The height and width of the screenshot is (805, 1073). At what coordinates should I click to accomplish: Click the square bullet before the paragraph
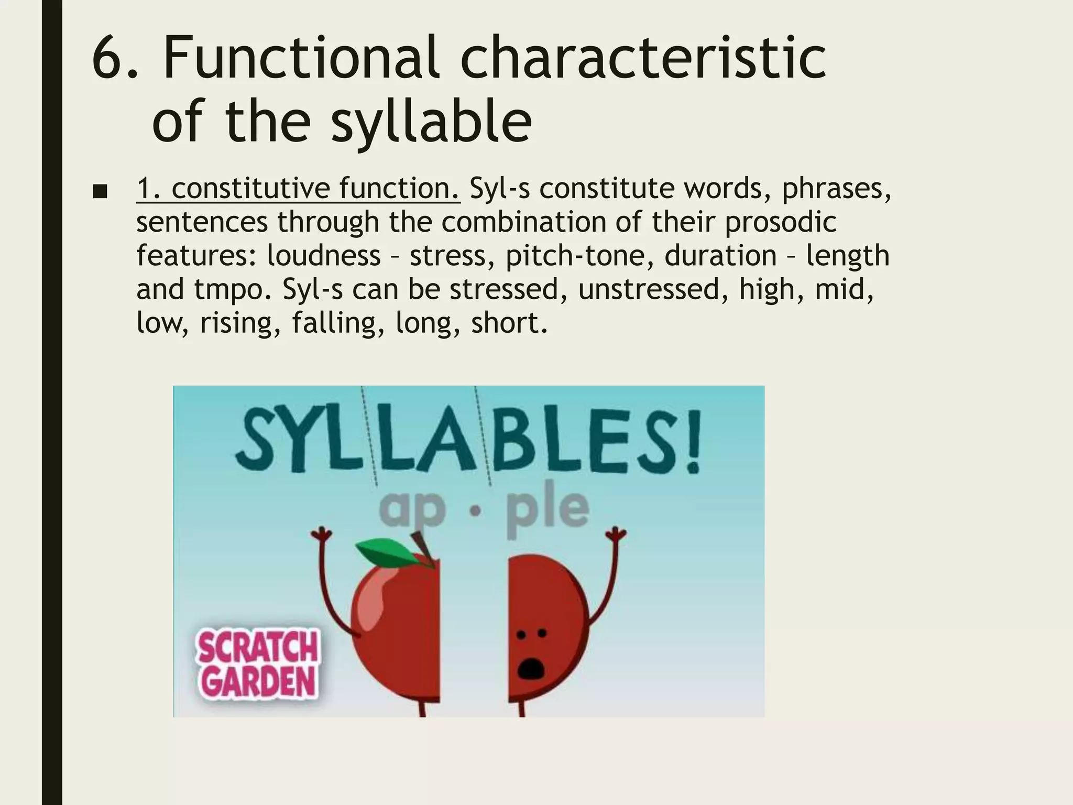pos(99,192)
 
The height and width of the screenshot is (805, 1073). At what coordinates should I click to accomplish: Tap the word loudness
pos(324,256)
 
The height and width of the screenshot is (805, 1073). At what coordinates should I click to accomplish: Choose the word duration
pos(721,256)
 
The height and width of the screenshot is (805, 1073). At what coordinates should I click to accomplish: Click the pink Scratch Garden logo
pos(257,664)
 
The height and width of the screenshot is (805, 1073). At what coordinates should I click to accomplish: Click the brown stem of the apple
pos(420,545)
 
